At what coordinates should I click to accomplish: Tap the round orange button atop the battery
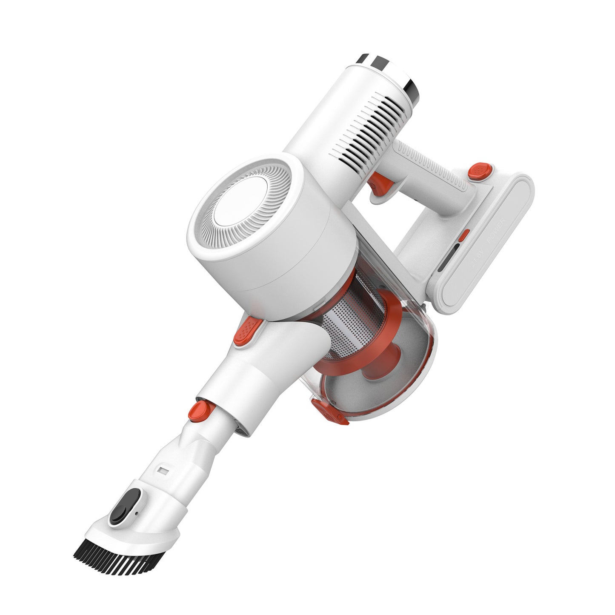coord(479,171)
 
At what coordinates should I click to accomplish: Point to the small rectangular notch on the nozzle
coord(163,471)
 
